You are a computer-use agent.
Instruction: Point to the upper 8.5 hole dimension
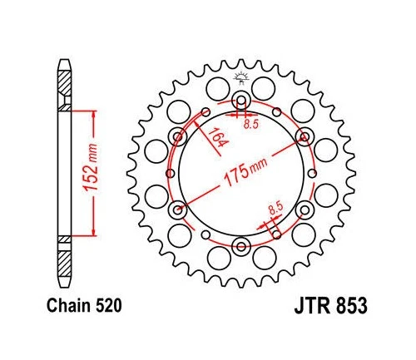coord(250,126)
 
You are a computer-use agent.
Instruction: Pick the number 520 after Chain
coord(110,306)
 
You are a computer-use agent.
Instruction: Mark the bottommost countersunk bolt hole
coord(241,244)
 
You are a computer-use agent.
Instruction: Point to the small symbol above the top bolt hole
coord(241,79)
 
